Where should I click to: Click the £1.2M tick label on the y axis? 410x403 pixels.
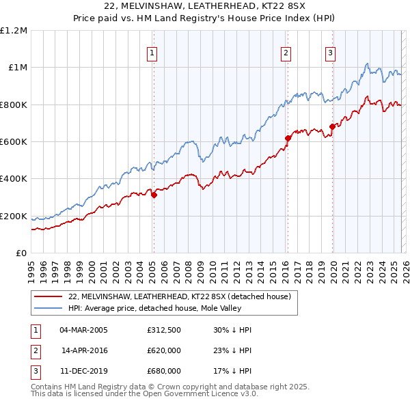click(x=13, y=31)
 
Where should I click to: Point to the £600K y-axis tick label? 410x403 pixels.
click(x=13, y=142)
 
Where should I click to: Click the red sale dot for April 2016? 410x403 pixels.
click(x=288, y=138)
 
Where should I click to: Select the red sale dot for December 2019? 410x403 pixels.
click(x=333, y=126)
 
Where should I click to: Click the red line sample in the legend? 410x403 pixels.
click(x=48, y=296)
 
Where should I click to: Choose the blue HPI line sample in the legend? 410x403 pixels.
click(x=48, y=308)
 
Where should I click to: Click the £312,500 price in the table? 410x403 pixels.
click(x=164, y=330)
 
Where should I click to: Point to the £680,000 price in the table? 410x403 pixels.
click(x=164, y=371)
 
